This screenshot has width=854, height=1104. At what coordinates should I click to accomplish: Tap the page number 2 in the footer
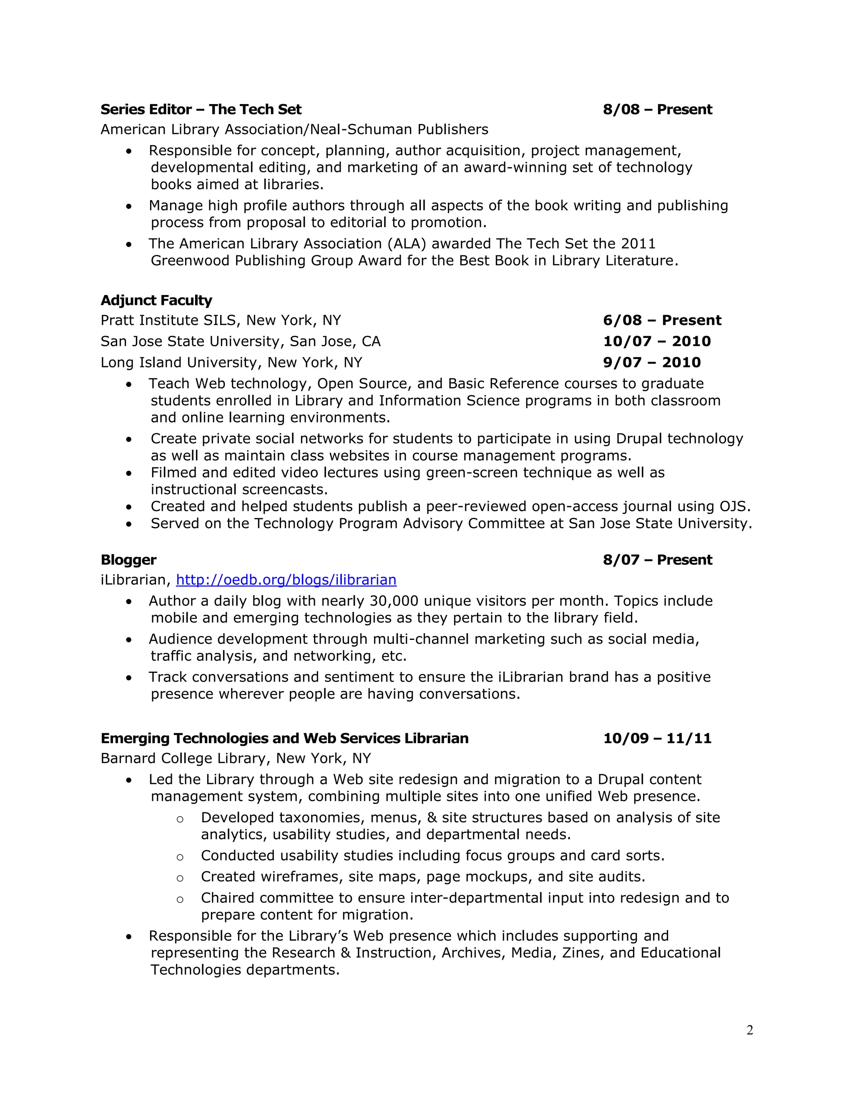point(749,1030)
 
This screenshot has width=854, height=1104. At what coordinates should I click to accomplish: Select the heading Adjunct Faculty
point(156,300)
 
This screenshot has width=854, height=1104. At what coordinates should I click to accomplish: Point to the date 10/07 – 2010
point(657,341)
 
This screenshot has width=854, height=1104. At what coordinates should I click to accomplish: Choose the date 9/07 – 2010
point(652,362)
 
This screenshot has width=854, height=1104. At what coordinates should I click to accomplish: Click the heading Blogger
point(128,559)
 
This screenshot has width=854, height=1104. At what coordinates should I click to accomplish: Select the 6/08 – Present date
point(662,320)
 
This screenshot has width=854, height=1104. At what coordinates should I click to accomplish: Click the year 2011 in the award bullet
point(638,244)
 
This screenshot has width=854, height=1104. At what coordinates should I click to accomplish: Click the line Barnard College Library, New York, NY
point(236,758)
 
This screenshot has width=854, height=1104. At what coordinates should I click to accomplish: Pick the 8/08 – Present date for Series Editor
point(657,110)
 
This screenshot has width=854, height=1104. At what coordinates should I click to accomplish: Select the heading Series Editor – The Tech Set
point(201,110)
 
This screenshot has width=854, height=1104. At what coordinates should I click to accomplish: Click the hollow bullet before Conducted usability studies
point(180,857)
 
